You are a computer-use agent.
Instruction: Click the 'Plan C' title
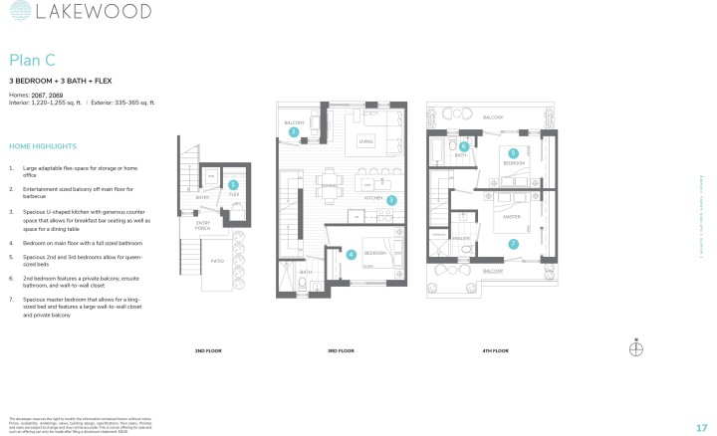pyautogui.click(x=31, y=61)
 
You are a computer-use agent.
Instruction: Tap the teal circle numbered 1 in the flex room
pyautogui.click(x=233, y=184)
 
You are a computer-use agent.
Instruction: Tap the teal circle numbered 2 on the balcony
pyautogui.click(x=293, y=131)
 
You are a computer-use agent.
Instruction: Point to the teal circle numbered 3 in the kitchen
pyautogui.click(x=391, y=200)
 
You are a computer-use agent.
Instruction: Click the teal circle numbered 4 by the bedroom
pyautogui.click(x=351, y=254)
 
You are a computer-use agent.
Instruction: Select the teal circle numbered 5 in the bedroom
pyautogui.click(x=513, y=153)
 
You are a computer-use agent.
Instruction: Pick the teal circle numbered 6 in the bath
pyautogui.click(x=464, y=146)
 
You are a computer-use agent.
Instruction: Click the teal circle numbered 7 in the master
pyautogui.click(x=513, y=243)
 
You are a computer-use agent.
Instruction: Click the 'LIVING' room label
pyautogui.click(x=365, y=141)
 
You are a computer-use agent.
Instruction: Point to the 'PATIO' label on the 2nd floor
pyautogui.click(x=217, y=263)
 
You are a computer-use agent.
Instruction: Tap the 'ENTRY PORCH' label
pyautogui.click(x=203, y=225)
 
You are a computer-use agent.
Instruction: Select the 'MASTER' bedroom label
pyautogui.click(x=512, y=216)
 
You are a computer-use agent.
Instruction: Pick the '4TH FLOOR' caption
pyautogui.click(x=495, y=351)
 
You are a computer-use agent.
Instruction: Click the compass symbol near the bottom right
pyautogui.click(x=637, y=347)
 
